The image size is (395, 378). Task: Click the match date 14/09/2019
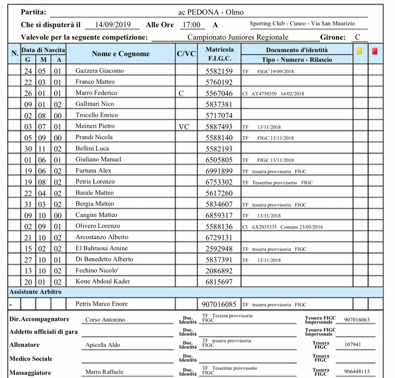pos(113,25)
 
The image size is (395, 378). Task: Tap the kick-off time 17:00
pos(191,25)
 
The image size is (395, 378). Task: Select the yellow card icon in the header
pos(360,51)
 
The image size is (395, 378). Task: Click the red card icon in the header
pos(375,51)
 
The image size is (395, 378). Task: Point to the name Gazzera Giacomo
pos(99,71)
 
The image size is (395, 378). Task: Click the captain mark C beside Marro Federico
pos(181,93)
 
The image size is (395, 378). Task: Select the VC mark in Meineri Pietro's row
pos(184,127)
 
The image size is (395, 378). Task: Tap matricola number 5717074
pos(219,116)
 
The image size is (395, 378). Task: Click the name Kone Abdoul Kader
pos(103,281)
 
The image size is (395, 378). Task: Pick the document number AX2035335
pos(264,227)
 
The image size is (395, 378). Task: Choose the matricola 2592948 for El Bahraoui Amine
pos(219,249)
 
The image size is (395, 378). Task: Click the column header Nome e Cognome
pos(121,54)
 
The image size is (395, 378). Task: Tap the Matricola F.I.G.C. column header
pos(219,54)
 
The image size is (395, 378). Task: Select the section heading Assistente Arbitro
pos(35,292)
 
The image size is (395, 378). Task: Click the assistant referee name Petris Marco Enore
pos(102,304)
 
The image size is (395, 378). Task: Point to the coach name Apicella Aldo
pos(103,345)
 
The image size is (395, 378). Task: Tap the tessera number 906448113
pos(357,372)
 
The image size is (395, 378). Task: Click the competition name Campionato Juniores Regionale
pos(238,37)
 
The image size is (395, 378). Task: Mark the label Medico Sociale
pos(31,359)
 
